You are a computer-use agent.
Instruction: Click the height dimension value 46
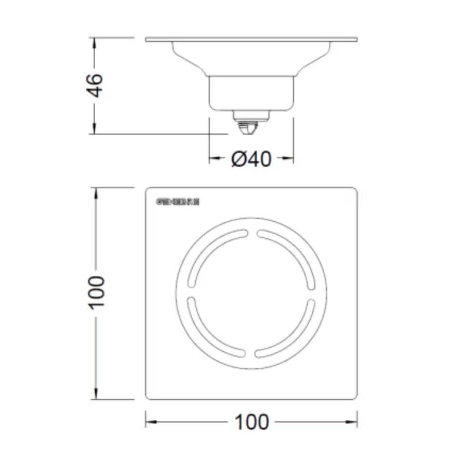point(95,85)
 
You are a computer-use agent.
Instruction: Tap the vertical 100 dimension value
point(97,291)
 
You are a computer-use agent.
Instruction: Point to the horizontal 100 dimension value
point(251,422)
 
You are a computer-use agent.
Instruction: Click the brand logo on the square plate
point(178,202)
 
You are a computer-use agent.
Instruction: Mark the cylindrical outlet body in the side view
point(251,94)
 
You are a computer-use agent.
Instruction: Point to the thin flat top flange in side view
point(251,39)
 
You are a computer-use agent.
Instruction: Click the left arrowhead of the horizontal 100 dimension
point(150,422)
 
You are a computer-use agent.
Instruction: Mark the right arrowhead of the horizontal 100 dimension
point(352,422)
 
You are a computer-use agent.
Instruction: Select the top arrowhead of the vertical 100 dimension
point(97,193)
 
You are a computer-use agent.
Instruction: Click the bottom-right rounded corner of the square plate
point(354,396)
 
